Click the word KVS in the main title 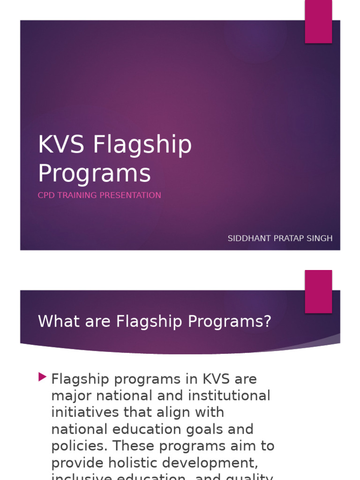coord(61,145)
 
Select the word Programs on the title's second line coord(95,173)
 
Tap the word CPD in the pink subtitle coord(45,195)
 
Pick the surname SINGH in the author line coord(320,239)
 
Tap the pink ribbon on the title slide coord(318,21)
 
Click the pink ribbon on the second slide coord(318,291)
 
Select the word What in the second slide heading coord(56,322)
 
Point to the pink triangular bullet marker coord(43,376)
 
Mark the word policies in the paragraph coord(77,446)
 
